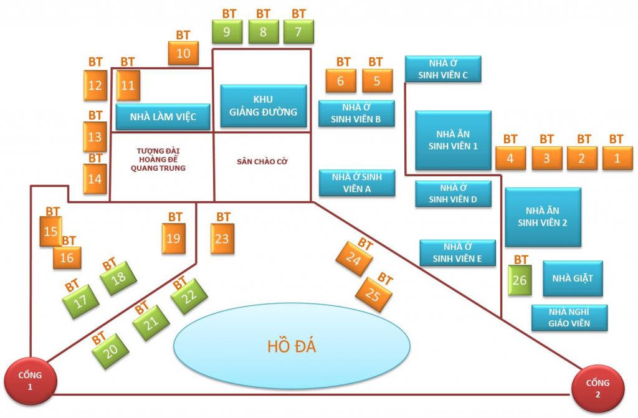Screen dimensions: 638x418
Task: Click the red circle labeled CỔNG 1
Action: pos(31,381)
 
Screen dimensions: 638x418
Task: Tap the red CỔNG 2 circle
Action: pos(598,389)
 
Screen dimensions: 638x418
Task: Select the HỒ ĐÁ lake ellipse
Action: pos(292,346)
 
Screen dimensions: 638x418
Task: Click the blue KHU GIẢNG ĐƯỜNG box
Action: pos(264,106)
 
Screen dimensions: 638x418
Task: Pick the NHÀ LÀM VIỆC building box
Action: pos(163,117)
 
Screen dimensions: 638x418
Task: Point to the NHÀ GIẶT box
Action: pos(573,278)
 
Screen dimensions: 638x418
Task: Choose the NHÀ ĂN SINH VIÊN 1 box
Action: pos(453,140)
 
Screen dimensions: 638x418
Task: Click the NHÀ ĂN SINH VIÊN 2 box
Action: pos(543,217)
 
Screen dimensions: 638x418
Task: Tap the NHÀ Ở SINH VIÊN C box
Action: pos(443,69)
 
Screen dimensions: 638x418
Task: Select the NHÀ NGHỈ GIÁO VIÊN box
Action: pos(569,318)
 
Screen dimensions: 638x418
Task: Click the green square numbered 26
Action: pos(520,280)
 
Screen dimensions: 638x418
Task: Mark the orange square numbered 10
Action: pos(183,53)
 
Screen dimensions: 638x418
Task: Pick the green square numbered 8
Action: pos(264,32)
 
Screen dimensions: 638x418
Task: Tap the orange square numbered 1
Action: pos(617,158)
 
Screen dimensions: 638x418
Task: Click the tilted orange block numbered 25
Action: pos(373,294)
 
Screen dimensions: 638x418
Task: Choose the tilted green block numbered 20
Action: pos(110,351)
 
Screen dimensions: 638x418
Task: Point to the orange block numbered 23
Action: pos(222,239)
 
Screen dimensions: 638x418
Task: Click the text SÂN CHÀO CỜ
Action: pos(262,161)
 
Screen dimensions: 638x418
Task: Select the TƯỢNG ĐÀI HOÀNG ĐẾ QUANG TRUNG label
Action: pos(158,159)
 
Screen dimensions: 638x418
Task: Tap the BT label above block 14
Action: pos(95,158)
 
